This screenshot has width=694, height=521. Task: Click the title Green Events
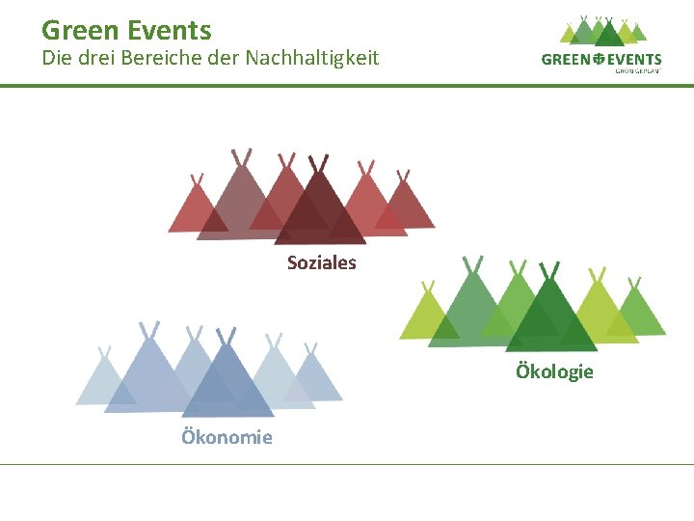[126, 30]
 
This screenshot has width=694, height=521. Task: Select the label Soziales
[321, 262]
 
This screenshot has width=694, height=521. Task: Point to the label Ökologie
[554, 371]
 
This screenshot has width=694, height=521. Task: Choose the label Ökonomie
[227, 437]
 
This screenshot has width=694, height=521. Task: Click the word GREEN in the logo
[565, 60]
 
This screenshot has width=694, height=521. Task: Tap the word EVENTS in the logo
[632, 60]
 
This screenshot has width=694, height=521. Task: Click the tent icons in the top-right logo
[603, 32]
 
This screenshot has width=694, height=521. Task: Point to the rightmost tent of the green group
[637, 312]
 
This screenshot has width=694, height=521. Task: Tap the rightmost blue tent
[313, 376]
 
